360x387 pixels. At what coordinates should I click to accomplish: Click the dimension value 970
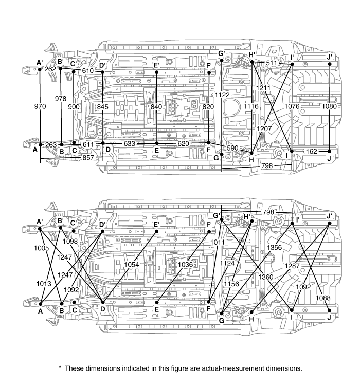tap(41, 106)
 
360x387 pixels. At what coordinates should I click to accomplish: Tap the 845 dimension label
tap(103, 107)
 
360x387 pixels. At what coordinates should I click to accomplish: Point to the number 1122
tap(223, 95)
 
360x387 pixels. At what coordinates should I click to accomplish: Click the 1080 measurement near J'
tap(329, 106)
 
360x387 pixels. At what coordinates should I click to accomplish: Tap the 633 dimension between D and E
tap(130, 144)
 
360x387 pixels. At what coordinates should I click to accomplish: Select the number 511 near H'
tap(271, 63)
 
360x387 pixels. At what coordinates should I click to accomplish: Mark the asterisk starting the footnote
tap(60, 367)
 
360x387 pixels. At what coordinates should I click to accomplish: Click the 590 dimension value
tap(233, 149)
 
